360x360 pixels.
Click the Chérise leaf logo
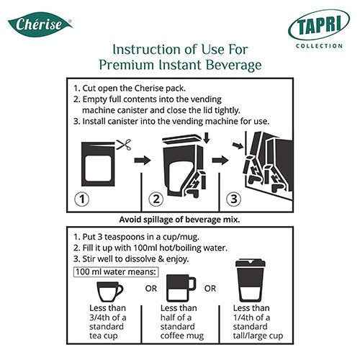tap(40, 24)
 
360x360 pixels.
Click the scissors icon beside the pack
tap(124, 145)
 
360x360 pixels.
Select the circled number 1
tap(82, 199)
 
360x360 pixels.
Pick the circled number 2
tap(156, 199)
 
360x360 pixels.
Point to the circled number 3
tap(234, 199)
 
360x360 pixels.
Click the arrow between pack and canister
tap(143, 160)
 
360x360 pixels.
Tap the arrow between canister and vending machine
tap(220, 160)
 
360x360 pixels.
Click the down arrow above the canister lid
tap(207, 138)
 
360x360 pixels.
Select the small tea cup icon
tap(109, 292)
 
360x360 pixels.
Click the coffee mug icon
tap(181, 288)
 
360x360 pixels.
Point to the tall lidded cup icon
tap(251, 279)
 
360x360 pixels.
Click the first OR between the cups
tap(151, 288)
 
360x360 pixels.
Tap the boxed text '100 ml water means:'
tap(116, 272)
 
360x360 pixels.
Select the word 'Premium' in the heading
tap(127, 65)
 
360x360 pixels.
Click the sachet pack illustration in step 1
tap(98, 164)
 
